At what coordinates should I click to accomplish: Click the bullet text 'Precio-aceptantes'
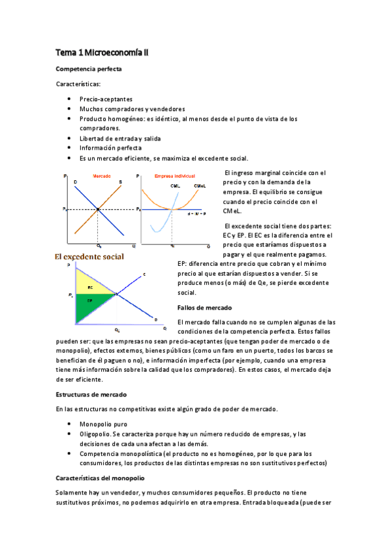[x=106, y=99]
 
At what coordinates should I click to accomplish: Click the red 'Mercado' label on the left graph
[x=102, y=176]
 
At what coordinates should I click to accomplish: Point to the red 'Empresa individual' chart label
[x=175, y=176]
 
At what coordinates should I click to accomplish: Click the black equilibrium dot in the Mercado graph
[x=98, y=209]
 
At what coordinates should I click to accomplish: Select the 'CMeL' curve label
[x=200, y=186]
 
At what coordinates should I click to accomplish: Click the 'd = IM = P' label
[x=196, y=214]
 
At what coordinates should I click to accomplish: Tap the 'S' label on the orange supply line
[x=119, y=181]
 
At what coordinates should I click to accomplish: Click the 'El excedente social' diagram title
[x=89, y=257]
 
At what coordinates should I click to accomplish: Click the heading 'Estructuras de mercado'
[x=91, y=395]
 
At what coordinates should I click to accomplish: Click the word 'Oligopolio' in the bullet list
[x=95, y=434]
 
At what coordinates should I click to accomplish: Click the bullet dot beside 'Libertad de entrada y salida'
[x=69, y=138]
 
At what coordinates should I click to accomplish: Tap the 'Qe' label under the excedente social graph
[x=117, y=330]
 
